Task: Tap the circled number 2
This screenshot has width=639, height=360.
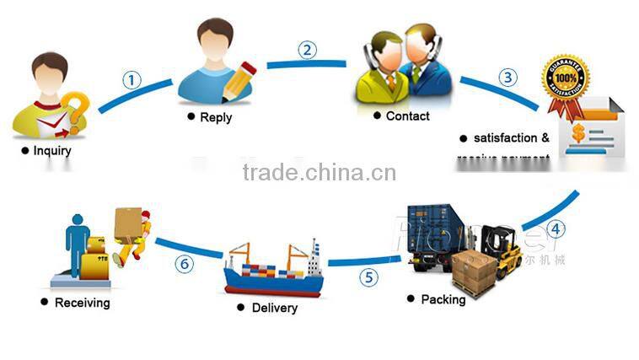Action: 308,50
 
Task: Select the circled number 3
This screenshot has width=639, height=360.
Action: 507,78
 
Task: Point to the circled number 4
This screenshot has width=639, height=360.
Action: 555,228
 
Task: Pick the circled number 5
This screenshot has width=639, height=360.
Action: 368,276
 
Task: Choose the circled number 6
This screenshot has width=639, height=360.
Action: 184,264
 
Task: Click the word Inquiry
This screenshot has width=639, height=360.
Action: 51,151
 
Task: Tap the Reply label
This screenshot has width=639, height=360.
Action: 215,117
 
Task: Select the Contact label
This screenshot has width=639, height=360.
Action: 407,116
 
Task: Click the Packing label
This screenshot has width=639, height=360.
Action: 443,299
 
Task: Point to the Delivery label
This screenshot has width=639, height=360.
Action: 274,308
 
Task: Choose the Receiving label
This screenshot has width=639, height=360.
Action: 82,302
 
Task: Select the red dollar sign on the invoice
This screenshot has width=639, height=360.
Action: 579,133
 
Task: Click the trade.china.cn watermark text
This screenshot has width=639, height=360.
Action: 319,173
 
